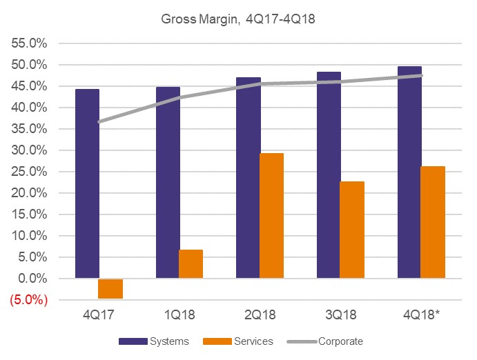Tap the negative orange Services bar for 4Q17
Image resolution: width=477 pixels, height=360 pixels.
click(x=110, y=288)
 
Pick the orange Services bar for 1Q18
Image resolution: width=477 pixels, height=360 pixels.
click(x=191, y=264)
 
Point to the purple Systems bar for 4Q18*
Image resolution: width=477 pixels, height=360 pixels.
click(x=410, y=172)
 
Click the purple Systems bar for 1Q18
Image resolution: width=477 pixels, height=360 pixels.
click(x=168, y=183)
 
